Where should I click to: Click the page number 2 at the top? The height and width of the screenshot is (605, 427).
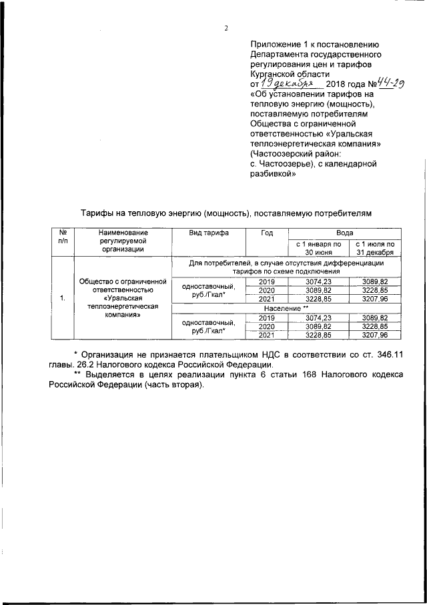tap(226, 27)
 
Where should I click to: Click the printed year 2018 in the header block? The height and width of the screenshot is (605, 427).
tap(340, 86)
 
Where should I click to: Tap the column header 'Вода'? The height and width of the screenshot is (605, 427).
tap(344, 233)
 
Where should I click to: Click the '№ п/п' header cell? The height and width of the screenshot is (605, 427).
tap(63, 239)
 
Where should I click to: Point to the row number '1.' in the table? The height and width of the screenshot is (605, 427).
tap(63, 298)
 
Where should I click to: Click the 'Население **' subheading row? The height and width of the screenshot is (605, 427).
tap(287, 309)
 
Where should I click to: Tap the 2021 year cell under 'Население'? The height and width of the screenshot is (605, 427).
tap(267, 335)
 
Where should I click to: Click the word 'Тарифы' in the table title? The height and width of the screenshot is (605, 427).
tap(99, 213)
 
